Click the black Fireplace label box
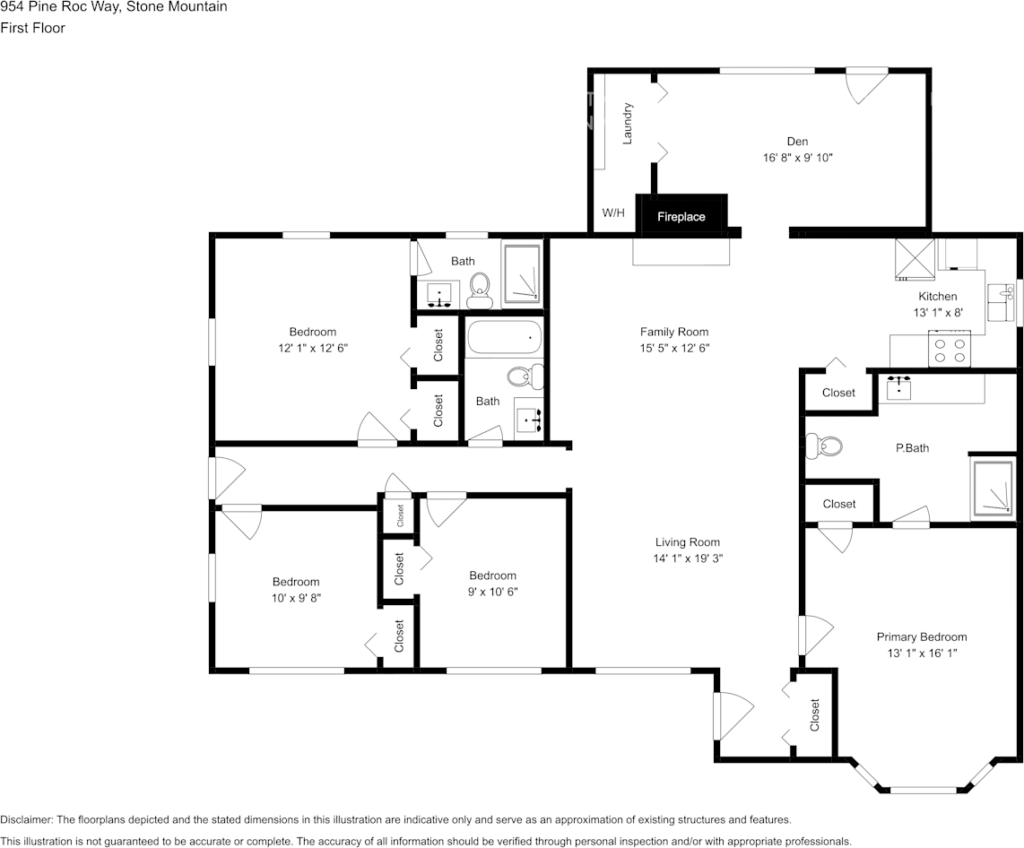tap(681, 216)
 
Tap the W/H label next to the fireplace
tap(613, 213)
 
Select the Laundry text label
tap(629, 123)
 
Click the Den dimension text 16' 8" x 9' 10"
tap(797, 158)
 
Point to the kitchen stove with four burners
tap(950, 349)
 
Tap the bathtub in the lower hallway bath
tap(505, 339)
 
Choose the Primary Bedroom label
tap(921, 637)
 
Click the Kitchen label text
tap(937, 297)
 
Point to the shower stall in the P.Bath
tap(993, 489)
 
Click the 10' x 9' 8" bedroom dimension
tap(296, 598)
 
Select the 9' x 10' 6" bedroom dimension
tap(492, 592)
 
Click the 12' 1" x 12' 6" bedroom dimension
tap(312, 348)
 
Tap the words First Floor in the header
tap(32, 28)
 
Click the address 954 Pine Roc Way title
tap(113, 7)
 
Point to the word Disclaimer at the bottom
tap(26, 819)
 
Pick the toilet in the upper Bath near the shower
tap(480, 286)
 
